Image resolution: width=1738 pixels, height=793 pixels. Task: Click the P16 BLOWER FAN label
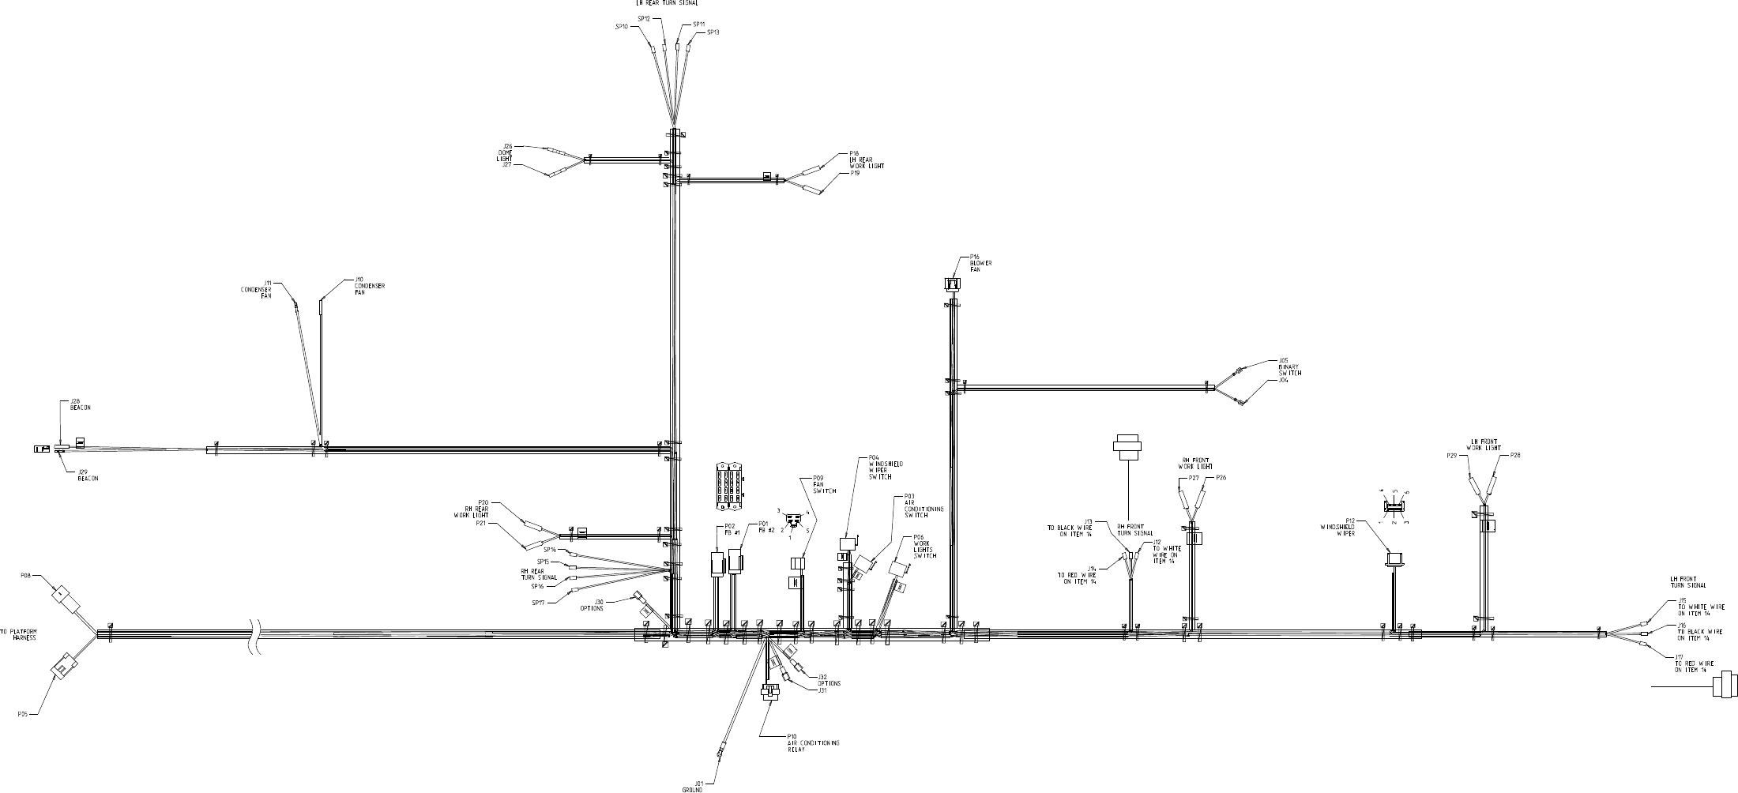(x=980, y=263)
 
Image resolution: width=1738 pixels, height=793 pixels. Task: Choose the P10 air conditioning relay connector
(x=771, y=693)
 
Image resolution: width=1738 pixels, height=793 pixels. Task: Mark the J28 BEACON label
(x=80, y=405)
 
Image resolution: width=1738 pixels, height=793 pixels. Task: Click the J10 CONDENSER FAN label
(x=370, y=286)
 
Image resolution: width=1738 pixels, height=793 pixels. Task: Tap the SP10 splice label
(x=622, y=27)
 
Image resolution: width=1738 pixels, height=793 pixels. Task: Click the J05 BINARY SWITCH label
(x=1289, y=369)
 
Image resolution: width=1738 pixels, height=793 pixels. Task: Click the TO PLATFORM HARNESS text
(x=20, y=634)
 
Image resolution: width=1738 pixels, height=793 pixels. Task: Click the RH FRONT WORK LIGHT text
(x=1197, y=464)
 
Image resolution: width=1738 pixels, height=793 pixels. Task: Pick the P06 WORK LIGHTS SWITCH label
(x=925, y=547)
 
